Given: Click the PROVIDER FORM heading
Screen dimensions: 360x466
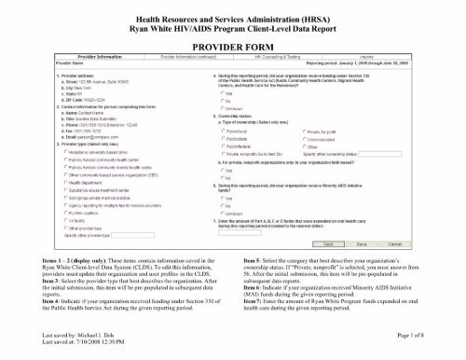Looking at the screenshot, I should pyautogui.click(x=232, y=44).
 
